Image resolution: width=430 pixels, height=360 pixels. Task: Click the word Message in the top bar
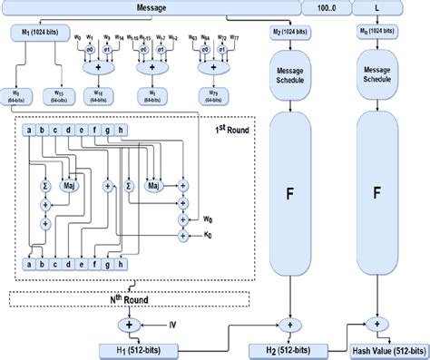[x=151, y=8]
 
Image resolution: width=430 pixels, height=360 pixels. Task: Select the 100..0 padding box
[x=327, y=8]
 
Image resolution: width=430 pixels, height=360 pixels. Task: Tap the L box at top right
[x=376, y=8]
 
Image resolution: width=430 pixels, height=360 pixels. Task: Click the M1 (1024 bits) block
[x=42, y=33]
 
